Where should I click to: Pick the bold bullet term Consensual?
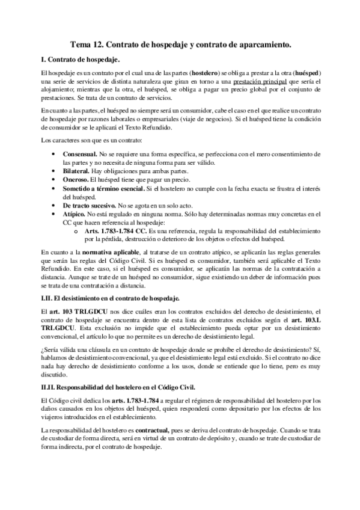coord(82,155)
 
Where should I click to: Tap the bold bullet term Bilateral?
coord(79,171)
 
